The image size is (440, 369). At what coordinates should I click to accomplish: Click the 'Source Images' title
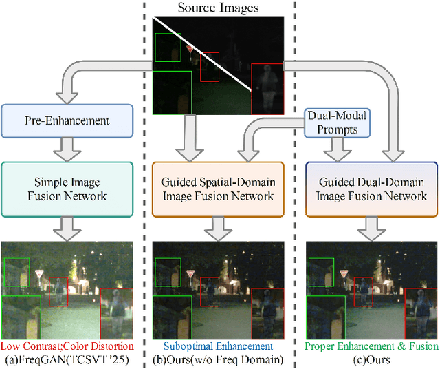pyautogui.click(x=219, y=8)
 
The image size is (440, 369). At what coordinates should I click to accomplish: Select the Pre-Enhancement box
pyautogui.click(x=67, y=120)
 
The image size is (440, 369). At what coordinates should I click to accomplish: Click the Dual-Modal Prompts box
pyautogui.click(x=337, y=122)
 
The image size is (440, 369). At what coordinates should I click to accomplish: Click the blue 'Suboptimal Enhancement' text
pyautogui.click(x=218, y=346)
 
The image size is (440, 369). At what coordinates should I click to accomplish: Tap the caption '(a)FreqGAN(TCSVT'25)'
pyautogui.click(x=67, y=359)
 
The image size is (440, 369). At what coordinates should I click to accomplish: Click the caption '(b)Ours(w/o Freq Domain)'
pyautogui.click(x=218, y=359)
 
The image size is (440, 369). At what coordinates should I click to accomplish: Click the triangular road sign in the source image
pyautogui.click(x=190, y=49)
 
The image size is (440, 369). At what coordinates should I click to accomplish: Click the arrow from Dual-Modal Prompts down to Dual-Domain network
pyautogui.click(x=337, y=149)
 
